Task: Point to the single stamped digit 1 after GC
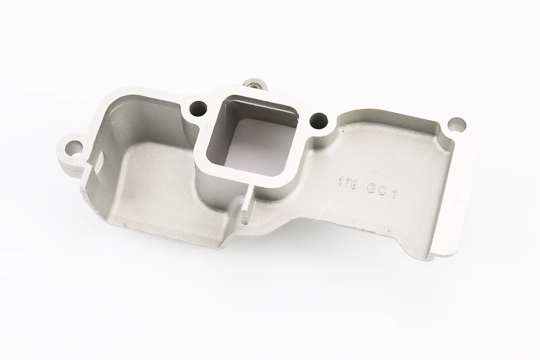[394, 193]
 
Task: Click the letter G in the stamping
[371, 189]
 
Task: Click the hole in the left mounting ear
[74, 147]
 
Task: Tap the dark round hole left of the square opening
[198, 109]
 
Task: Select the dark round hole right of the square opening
[319, 121]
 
